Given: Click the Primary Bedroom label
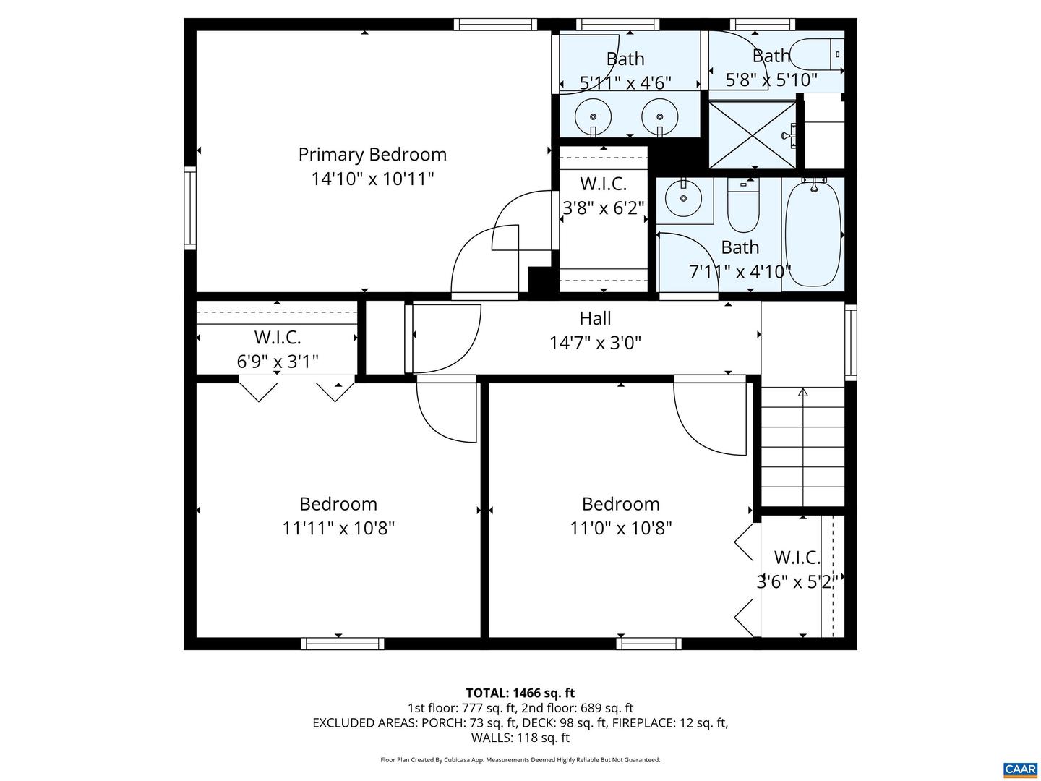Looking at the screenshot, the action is click(372, 155).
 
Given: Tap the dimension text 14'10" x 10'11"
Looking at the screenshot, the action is click(372, 179).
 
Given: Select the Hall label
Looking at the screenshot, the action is click(595, 317).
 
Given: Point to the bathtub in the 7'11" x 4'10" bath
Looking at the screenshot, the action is click(813, 234).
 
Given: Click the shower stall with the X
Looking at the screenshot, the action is click(753, 135).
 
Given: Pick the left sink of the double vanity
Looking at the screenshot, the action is click(593, 116).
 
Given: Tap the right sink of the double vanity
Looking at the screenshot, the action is click(660, 116).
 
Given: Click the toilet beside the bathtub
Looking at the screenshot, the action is click(744, 205).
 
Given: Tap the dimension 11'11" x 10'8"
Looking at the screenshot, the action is click(338, 528).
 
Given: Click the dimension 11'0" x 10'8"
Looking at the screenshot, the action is click(621, 528).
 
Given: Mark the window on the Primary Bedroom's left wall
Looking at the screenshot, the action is click(189, 208).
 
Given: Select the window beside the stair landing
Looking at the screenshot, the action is click(851, 342).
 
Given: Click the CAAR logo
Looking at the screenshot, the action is click(1019, 768).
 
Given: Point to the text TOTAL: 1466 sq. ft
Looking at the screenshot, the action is click(520, 693).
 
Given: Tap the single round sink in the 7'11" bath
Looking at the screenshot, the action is click(683, 198).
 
